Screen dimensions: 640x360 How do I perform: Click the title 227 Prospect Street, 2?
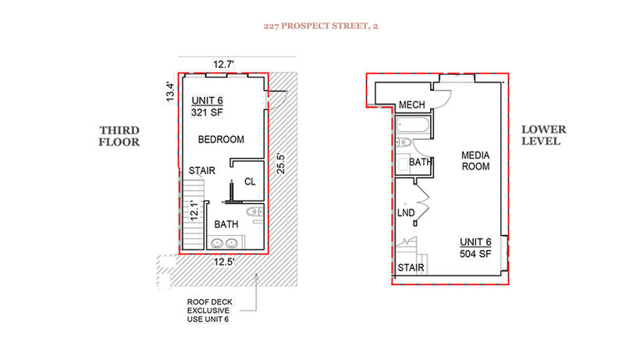tap(321, 26)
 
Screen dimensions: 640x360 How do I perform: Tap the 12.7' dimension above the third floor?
tap(223, 65)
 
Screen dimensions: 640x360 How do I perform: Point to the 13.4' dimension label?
tap(170, 92)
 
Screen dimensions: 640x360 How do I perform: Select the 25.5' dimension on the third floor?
tap(280, 164)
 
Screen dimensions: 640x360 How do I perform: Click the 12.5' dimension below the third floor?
tap(224, 262)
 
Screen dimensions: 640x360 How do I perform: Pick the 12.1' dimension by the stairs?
tap(194, 211)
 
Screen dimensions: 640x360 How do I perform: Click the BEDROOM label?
tap(221, 140)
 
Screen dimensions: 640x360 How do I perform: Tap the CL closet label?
tap(250, 182)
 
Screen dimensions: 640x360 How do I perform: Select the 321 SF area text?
tap(207, 112)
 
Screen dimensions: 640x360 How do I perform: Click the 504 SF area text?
tap(475, 254)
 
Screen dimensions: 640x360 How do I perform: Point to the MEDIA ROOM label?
tap(475, 161)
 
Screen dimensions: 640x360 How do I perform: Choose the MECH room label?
tap(412, 105)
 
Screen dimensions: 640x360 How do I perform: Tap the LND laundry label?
tap(406, 212)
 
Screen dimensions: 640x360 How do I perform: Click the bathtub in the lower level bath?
tap(413, 125)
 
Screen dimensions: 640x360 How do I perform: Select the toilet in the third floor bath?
tap(254, 212)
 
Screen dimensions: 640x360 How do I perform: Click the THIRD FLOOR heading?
tap(119, 137)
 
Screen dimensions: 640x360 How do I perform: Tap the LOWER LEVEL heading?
tap(544, 136)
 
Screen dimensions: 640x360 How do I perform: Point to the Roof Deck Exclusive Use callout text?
tap(209, 311)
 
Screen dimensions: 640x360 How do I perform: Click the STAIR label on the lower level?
tap(411, 268)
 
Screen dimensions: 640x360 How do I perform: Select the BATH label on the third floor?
tap(226, 224)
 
